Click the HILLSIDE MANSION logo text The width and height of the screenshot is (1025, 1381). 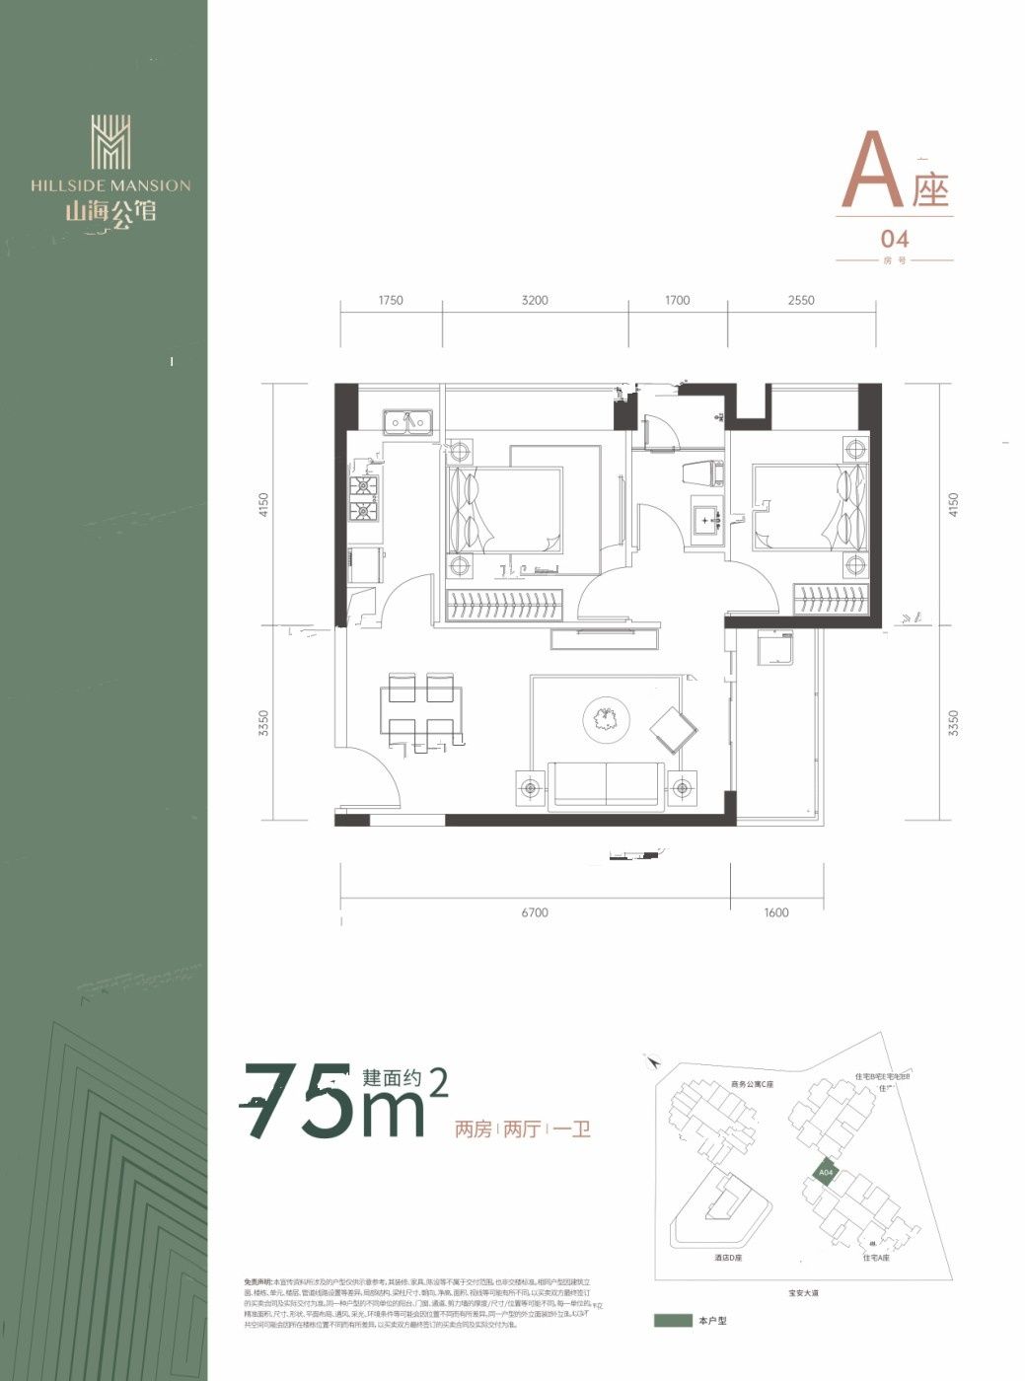coord(110,184)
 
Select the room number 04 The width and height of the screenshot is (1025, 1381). coord(894,239)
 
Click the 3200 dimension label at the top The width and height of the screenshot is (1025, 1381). coord(535,300)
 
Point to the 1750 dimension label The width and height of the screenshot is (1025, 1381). coord(391,300)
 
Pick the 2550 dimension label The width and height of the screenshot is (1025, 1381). coord(801,300)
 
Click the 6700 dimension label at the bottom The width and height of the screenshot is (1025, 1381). coord(534,912)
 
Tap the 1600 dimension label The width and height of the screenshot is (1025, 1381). coord(776,912)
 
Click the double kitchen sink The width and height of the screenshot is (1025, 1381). coord(410,423)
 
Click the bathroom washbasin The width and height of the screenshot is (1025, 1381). coord(706,520)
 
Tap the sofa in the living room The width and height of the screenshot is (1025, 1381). coord(605,785)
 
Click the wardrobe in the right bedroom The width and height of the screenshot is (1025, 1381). coord(833,600)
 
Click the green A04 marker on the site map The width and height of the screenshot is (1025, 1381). coord(826,1172)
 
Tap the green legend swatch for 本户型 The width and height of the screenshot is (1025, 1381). coord(673,1320)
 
